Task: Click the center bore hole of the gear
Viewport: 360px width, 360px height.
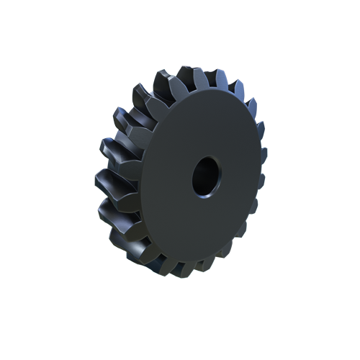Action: [x=207, y=176]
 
